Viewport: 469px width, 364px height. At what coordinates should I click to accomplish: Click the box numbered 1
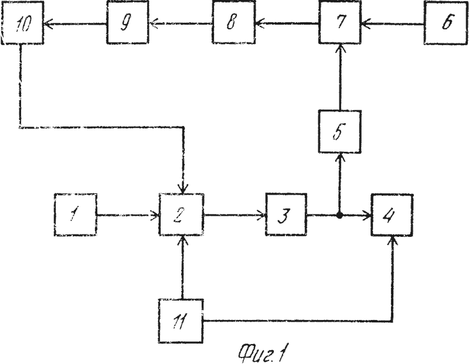click(x=76, y=215)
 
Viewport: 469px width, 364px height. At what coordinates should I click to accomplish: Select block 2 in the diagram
click(x=181, y=215)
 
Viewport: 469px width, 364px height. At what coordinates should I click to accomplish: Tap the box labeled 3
click(x=286, y=215)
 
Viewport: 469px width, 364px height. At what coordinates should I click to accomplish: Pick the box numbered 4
click(x=392, y=215)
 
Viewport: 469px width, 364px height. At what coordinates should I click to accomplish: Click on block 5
click(x=340, y=132)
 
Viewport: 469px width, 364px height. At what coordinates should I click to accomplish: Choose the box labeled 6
click(x=446, y=22)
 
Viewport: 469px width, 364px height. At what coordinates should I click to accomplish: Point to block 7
click(x=340, y=22)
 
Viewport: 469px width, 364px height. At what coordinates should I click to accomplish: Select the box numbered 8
click(x=233, y=22)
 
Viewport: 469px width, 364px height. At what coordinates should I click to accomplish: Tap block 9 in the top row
click(x=128, y=22)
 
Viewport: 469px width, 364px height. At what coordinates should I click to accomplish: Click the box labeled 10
click(x=22, y=22)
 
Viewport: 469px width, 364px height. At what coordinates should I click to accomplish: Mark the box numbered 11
click(x=181, y=321)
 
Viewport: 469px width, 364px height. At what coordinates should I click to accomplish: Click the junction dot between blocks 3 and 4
click(x=339, y=215)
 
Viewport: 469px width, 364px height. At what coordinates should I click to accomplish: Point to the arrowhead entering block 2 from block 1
click(x=155, y=215)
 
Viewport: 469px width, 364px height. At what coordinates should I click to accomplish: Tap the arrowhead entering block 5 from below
click(x=340, y=157)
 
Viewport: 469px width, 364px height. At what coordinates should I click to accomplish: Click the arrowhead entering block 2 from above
click(x=183, y=189)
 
